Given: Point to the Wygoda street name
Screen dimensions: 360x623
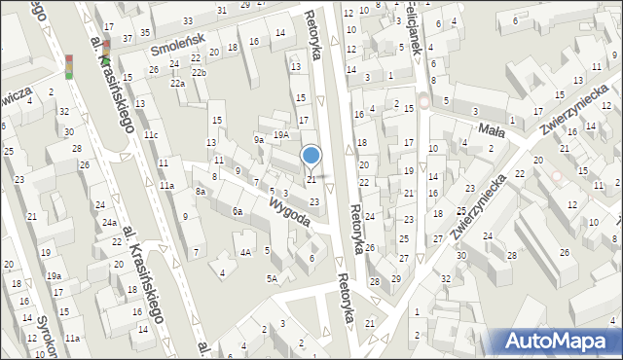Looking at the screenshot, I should pos(289,211).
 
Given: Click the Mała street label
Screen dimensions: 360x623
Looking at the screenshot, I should pos(489,129).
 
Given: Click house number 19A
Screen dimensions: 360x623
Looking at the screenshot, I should pos(280,135).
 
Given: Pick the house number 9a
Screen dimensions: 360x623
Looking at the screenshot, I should pos(259,139).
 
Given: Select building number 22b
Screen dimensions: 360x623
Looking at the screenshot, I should pos(199,73).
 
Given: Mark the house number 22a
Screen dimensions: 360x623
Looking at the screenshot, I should pos(177,84).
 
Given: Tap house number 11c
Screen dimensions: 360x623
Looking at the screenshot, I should pos(151,134).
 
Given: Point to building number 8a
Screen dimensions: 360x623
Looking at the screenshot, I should pos(200,192).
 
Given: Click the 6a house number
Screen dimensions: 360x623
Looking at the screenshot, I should pos(237,210).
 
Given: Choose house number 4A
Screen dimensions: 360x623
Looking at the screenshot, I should pos(246,252).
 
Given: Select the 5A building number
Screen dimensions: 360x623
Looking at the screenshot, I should pos(274,279).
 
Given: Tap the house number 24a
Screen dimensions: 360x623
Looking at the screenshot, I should pos(111,224).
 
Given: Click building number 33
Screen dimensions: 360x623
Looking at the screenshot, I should pos(188,20).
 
